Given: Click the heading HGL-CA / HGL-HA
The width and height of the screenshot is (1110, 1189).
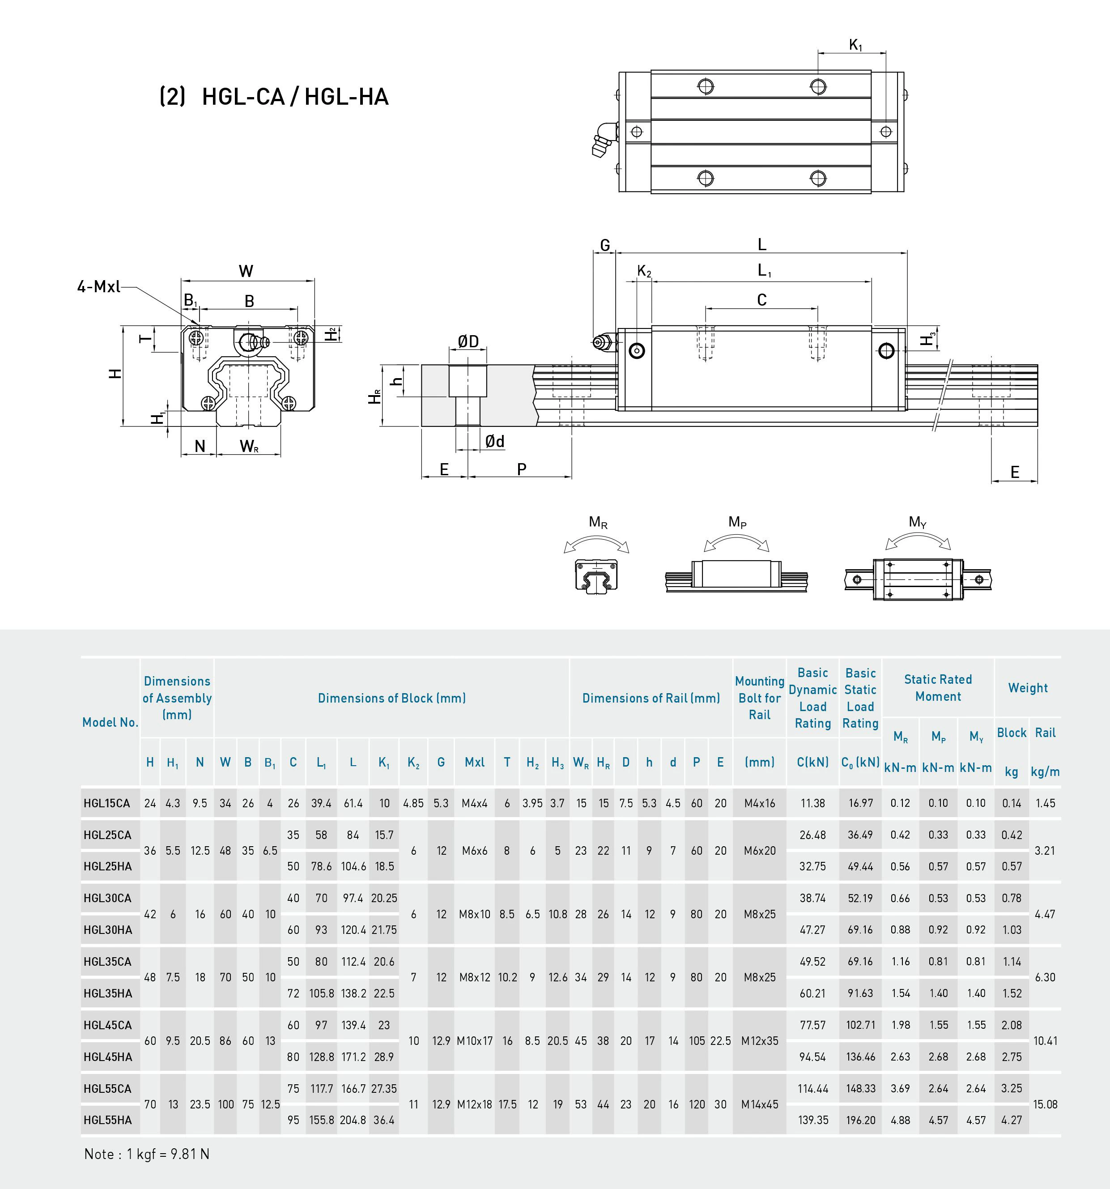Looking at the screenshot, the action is tap(295, 97).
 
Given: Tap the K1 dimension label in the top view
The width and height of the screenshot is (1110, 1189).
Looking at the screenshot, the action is tap(855, 45).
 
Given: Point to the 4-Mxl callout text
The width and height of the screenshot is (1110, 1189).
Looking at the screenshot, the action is tap(99, 287).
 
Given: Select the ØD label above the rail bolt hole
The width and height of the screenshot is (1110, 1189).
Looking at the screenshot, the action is tap(468, 341).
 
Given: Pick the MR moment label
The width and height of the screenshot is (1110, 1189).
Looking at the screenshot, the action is tap(598, 523).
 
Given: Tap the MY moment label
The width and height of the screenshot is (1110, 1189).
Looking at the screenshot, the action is tap(918, 523).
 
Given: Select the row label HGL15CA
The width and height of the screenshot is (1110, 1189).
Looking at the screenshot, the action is tap(107, 803).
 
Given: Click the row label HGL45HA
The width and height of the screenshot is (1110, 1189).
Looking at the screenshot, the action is tap(108, 1057).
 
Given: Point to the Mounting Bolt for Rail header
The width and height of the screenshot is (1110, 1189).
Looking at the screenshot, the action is tap(760, 698).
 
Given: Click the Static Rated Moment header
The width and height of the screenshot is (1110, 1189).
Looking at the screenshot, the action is tap(938, 688).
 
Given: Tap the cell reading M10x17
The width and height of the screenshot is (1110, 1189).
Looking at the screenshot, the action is tap(475, 1041).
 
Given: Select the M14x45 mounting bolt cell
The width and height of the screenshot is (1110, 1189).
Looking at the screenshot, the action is tap(760, 1104).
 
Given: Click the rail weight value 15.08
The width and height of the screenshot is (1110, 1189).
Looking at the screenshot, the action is tap(1045, 1104).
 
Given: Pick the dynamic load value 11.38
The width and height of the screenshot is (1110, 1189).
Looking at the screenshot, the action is tap(813, 803).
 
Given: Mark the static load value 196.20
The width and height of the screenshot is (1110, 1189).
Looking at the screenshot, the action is tap(861, 1120).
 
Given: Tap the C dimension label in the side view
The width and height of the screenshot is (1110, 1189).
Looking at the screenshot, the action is tap(761, 300).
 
